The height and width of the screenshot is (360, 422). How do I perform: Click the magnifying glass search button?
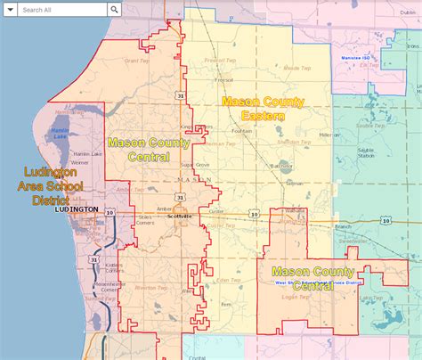coord(115,10)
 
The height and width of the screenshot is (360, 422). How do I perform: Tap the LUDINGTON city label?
coord(76,209)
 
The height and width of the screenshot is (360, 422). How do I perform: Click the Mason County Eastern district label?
coord(263,109)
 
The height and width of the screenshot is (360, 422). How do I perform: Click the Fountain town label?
coord(241,131)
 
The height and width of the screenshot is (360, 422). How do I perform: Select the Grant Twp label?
coord(137,61)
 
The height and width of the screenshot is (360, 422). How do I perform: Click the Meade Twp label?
coord(296,68)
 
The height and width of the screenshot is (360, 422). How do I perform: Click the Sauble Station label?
coord(365,152)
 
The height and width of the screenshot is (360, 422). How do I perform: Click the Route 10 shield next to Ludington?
coord(109,212)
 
